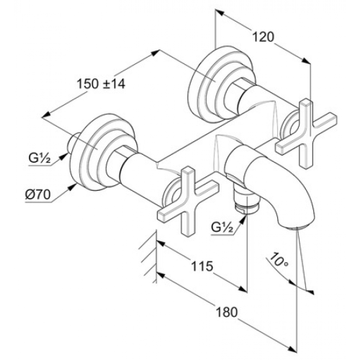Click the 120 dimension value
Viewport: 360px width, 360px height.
tap(263, 37)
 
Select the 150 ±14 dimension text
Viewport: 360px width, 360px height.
tap(101, 84)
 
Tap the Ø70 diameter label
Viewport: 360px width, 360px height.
tap(38, 194)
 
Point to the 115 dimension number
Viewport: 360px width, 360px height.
tap(202, 266)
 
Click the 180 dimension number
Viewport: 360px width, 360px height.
tap(227, 312)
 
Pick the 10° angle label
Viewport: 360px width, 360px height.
tap(279, 260)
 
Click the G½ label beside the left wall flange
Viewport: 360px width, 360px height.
tap(40, 158)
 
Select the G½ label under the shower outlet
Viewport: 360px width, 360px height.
tap(222, 228)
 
